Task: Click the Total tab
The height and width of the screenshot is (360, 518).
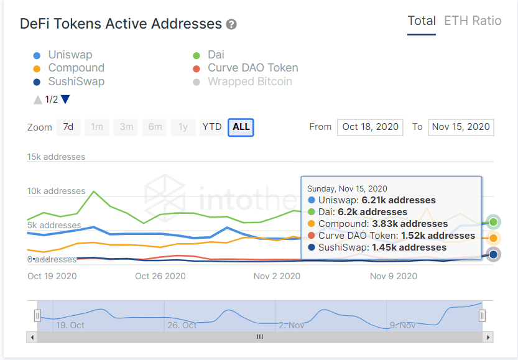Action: pyautogui.click(x=421, y=21)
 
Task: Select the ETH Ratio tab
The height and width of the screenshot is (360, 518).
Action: pyautogui.click(x=473, y=21)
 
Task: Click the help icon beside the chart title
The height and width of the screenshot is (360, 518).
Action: pyautogui.click(x=231, y=25)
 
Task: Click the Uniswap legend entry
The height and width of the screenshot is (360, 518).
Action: pyautogui.click(x=70, y=55)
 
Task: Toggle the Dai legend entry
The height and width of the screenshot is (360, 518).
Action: pyautogui.click(x=216, y=55)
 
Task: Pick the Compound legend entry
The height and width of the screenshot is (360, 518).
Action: pyautogui.click(x=76, y=68)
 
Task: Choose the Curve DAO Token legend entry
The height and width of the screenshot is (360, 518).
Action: pyautogui.click(x=252, y=68)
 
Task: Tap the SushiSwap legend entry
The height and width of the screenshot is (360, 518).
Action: pyautogui.click(x=76, y=81)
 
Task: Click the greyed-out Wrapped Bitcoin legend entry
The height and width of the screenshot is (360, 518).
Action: pyautogui.click(x=249, y=81)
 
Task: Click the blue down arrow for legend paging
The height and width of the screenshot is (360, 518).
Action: pyautogui.click(x=65, y=99)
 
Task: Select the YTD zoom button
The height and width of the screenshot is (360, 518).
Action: pyautogui.click(x=212, y=127)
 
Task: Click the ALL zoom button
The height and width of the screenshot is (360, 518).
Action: pyautogui.click(x=241, y=127)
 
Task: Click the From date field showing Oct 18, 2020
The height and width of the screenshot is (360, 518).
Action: pyautogui.click(x=370, y=127)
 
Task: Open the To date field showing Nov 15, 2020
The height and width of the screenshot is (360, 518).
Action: pyautogui.click(x=461, y=127)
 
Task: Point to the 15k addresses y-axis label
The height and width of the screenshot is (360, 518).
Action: pyautogui.click(x=56, y=157)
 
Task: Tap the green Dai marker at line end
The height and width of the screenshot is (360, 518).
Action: pyautogui.click(x=493, y=222)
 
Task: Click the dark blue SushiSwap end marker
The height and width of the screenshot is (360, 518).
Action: pyautogui.click(x=493, y=254)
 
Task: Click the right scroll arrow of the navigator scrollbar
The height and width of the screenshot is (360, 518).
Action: pyautogui.click(x=489, y=337)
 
